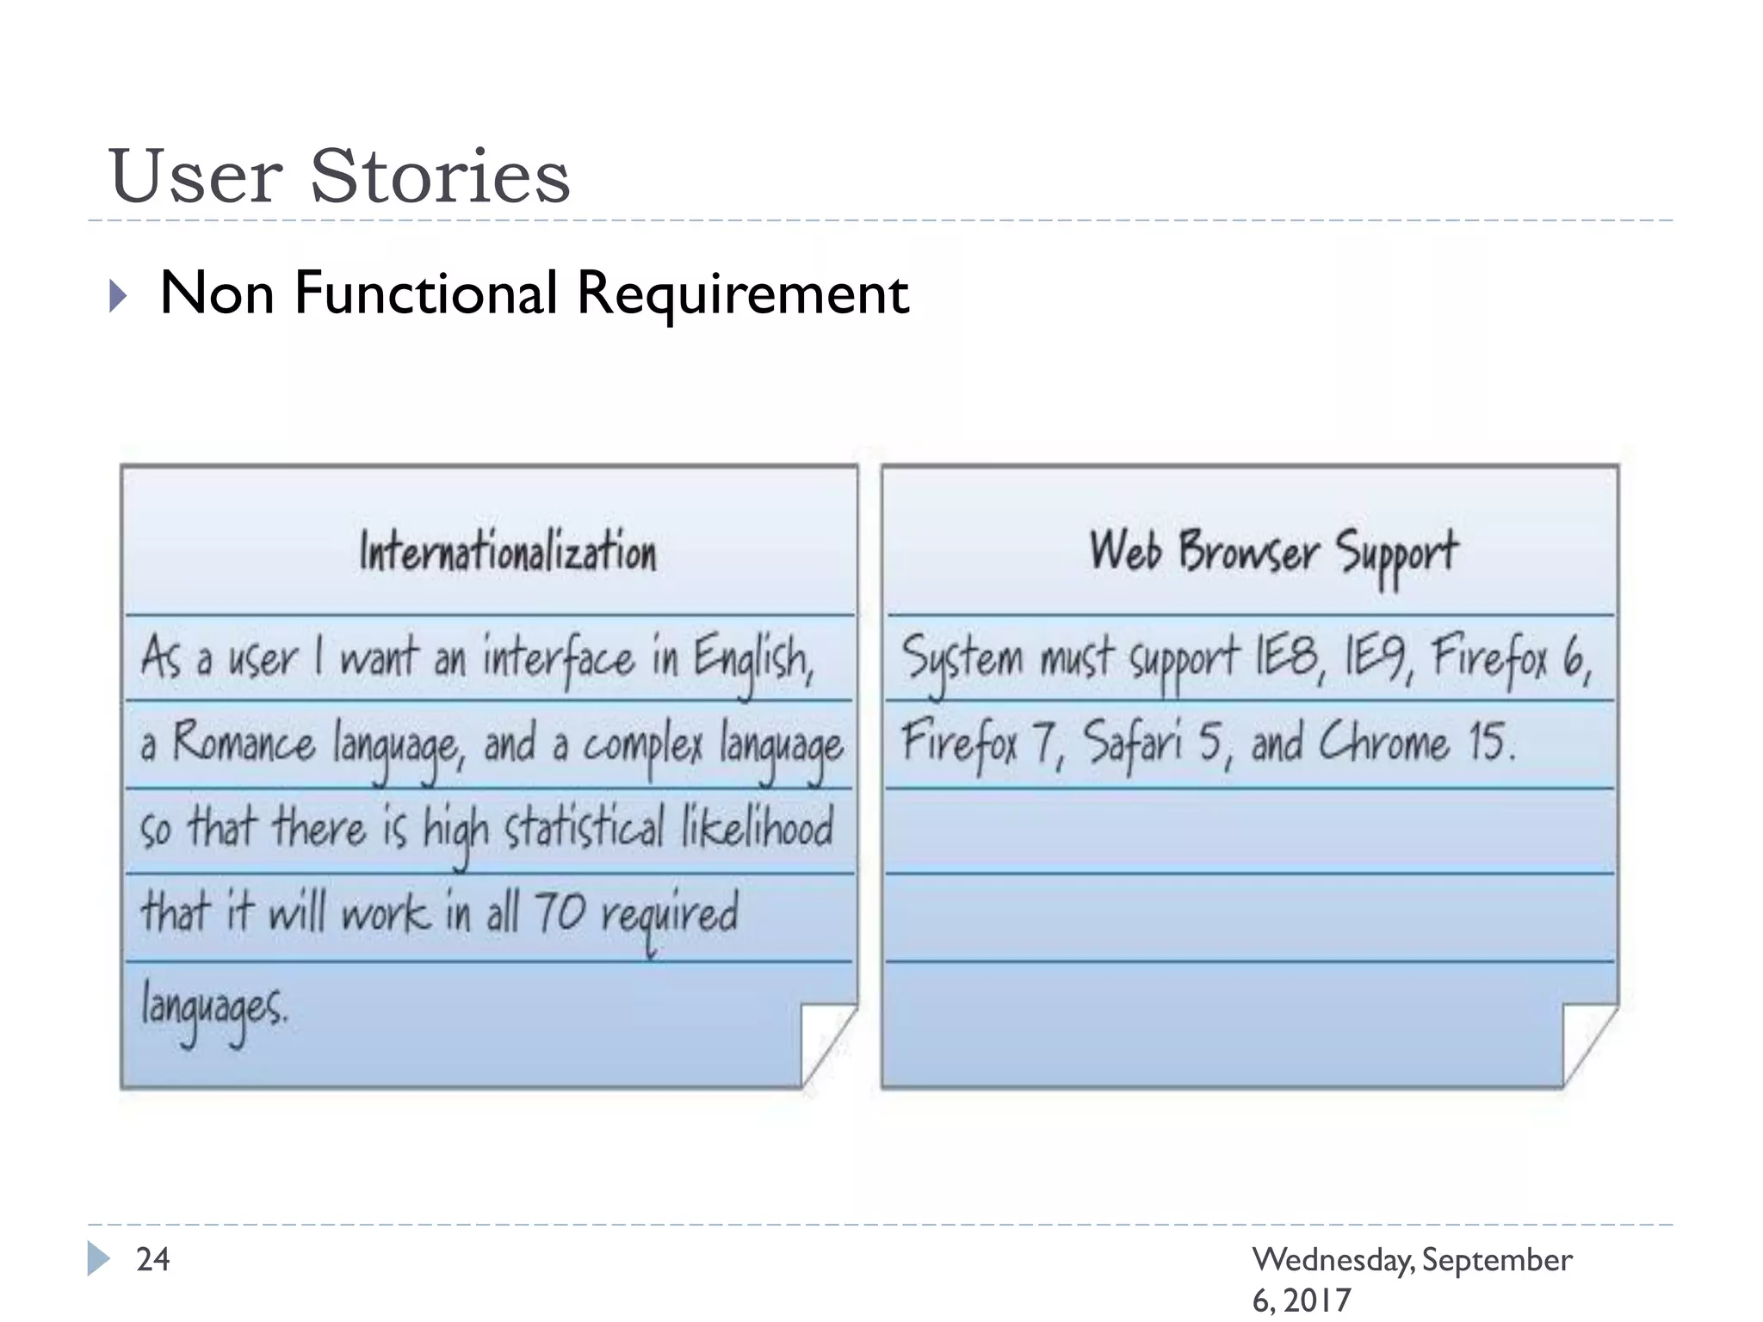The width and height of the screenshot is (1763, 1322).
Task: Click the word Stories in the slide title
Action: [x=439, y=176]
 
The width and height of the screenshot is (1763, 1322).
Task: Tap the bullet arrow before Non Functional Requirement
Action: [x=119, y=296]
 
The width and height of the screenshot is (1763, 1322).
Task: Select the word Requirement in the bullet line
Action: [x=742, y=294]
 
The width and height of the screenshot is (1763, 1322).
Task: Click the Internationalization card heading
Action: [x=508, y=552]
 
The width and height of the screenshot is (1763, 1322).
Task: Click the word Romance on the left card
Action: [x=244, y=743]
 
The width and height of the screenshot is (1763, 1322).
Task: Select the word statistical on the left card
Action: [x=585, y=827]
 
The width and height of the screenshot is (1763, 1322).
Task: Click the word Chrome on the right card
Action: [x=1384, y=741]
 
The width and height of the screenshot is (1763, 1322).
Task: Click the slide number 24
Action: [x=153, y=1260]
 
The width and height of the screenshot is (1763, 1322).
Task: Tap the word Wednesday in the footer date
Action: [x=1333, y=1260]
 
